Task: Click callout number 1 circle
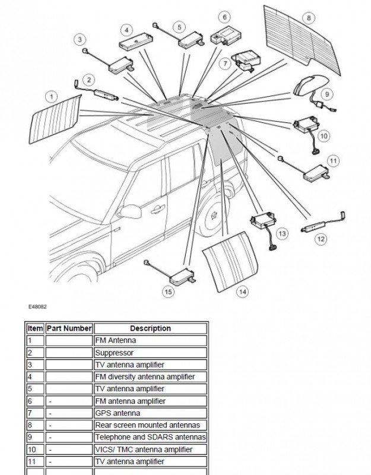(52, 96)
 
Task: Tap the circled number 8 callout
(308, 18)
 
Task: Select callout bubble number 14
(242, 292)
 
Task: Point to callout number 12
(321, 239)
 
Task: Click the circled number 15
(169, 291)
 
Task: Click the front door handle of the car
(158, 209)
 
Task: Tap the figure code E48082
(37, 307)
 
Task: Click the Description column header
(150, 328)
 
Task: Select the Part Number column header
(69, 328)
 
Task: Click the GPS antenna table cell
(150, 413)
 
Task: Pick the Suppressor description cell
(150, 352)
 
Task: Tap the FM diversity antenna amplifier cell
(150, 376)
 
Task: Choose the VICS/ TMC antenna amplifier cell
(150, 449)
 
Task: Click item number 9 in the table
(36, 437)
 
